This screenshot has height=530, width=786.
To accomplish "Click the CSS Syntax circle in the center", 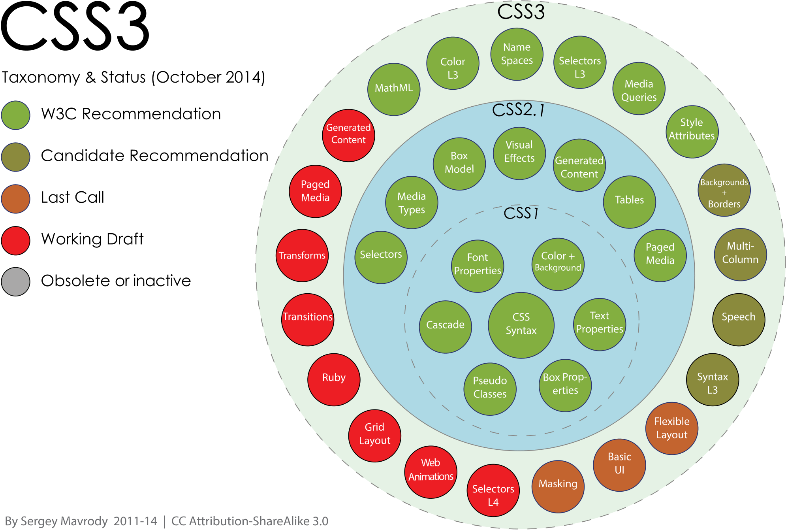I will pos(521,325).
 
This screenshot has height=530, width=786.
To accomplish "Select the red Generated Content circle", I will pos(348,135).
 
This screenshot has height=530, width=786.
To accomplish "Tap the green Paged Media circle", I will pos(660,255).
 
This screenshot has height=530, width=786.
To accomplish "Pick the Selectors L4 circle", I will pos(493,490).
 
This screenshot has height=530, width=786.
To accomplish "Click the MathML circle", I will pos(394,89).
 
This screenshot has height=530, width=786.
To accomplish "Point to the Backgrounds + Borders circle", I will pos(724,190).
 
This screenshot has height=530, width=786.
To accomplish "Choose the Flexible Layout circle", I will pos(671,428).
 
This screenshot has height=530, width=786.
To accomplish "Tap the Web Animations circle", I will pos(431,472).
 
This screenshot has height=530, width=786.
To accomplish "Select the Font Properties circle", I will pos(478,266).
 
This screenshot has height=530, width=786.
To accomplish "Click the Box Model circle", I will pos(459,164).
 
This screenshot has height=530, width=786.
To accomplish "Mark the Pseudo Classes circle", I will pos(490,389).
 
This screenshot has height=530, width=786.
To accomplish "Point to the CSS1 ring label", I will pos(521,213).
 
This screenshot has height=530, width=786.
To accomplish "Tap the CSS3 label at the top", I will pos(521,12).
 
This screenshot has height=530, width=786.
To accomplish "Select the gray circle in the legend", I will pos(15,282).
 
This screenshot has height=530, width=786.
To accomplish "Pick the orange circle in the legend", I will pos(15,199).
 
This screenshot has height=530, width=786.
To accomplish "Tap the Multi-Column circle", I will pos(740,254).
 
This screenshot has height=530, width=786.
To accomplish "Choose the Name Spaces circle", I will pos(517,54).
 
